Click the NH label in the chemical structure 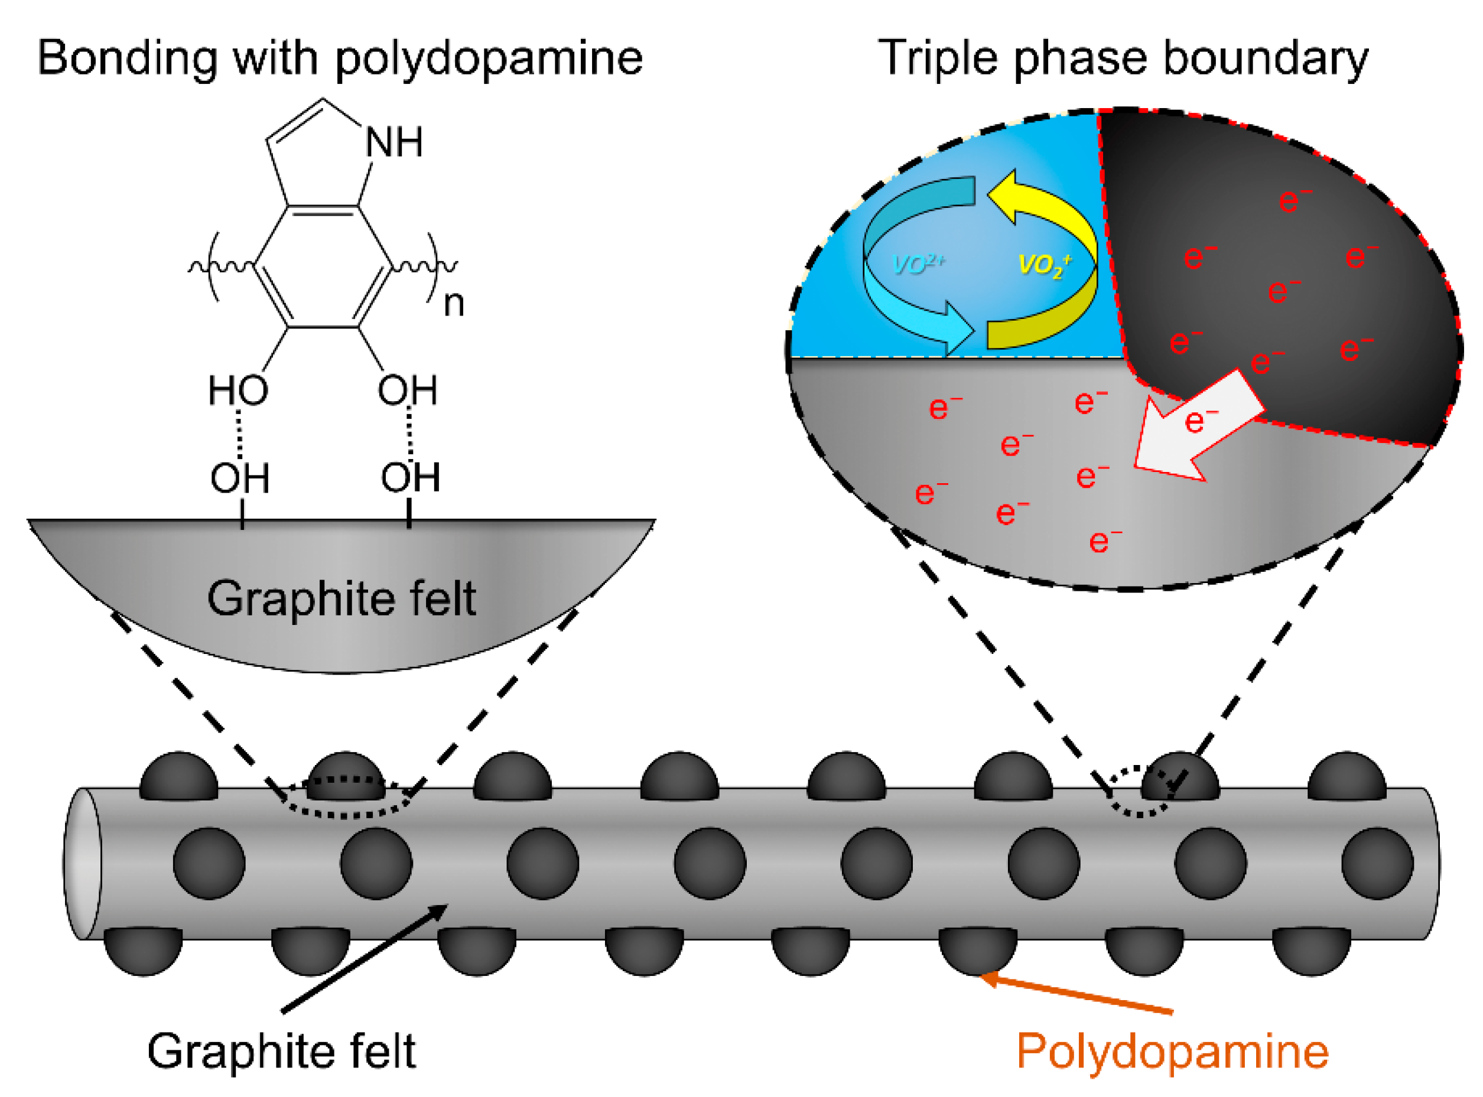(394, 143)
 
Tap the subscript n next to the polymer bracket (454, 304)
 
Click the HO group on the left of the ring (238, 390)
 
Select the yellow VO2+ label (1043, 266)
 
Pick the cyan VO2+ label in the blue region (919, 264)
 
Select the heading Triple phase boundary (1123, 58)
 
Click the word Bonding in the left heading (126, 58)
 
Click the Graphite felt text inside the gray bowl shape (342, 598)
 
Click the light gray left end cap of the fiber (81, 864)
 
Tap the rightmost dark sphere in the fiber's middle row (1377, 864)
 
